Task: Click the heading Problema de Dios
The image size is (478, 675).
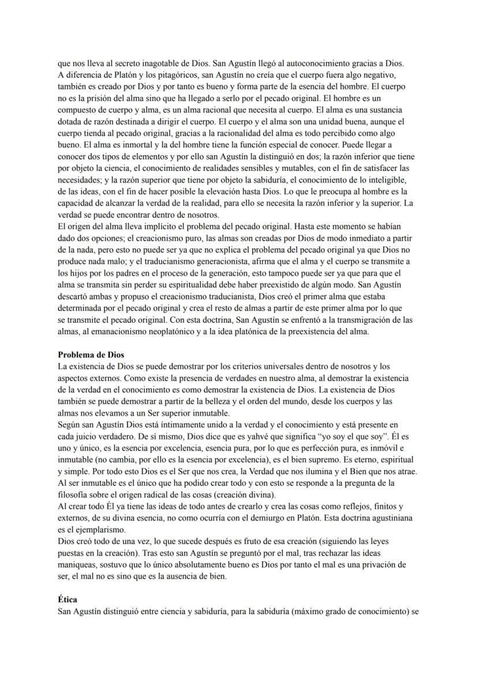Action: [x=91, y=355]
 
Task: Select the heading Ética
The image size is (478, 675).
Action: [x=68, y=600]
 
